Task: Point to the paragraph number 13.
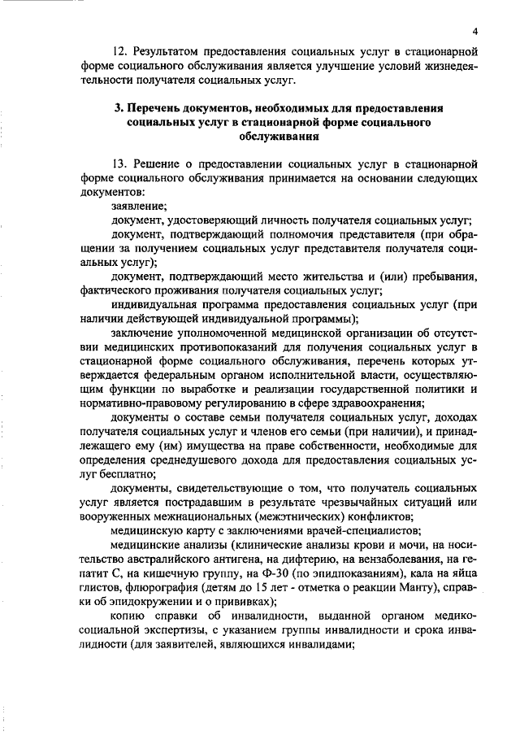120,165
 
